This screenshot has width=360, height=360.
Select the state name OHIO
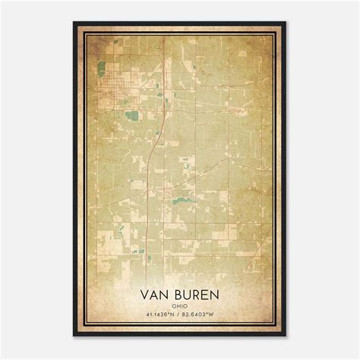pyautogui.click(x=180, y=306)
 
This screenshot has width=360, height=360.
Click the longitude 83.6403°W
pyautogui.click(x=203, y=316)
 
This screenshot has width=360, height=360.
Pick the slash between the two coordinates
pyautogui.click(x=180, y=316)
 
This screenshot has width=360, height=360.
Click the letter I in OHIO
pyautogui.click(x=182, y=306)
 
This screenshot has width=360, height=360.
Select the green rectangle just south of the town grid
pyautogui.click(x=134, y=115)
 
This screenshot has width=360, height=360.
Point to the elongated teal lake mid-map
pyautogui.click(x=182, y=201)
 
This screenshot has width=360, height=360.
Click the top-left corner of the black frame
pyautogui.click(x=74, y=23)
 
